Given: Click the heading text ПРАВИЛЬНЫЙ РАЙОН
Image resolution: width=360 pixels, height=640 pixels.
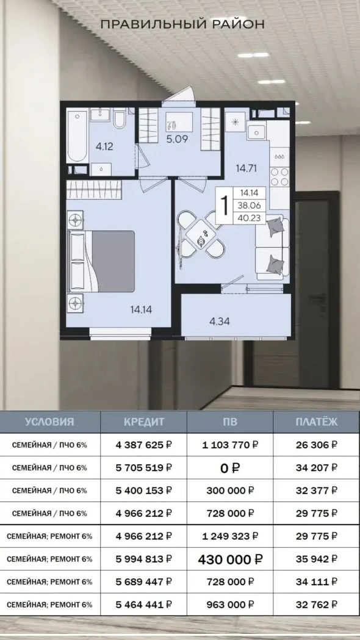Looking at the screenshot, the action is pyautogui.click(x=182, y=24).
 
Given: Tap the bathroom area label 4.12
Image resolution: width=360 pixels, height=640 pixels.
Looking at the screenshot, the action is pyautogui.click(x=104, y=146).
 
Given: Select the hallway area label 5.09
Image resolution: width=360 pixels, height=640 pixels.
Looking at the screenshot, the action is pyautogui.click(x=177, y=140).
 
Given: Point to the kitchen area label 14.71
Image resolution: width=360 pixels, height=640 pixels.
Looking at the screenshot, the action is pyautogui.click(x=246, y=168).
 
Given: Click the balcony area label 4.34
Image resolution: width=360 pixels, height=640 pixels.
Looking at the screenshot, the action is pyautogui.click(x=219, y=322).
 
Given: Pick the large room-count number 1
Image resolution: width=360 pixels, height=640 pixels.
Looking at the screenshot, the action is pyautogui.click(x=224, y=205).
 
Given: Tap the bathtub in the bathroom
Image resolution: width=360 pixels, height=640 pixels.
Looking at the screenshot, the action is pyautogui.click(x=77, y=135).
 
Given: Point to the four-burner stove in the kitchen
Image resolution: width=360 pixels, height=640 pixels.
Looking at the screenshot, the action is pyautogui.click(x=279, y=177).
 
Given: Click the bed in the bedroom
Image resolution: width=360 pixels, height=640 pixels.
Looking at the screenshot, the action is pyautogui.click(x=102, y=261).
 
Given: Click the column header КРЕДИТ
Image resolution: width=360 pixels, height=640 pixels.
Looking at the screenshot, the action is pyautogui.click(x=144, y=422).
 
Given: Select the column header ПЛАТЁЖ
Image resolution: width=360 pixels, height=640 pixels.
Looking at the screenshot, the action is pyautogui.click(x=317, y=422).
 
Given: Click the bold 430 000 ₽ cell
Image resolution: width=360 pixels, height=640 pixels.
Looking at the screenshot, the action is pyautogui.click(x=230, y=559).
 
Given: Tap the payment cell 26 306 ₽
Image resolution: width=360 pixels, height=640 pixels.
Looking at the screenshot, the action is pyautogui.click(x=317, y=445).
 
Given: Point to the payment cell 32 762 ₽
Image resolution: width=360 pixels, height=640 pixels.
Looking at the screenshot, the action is pyautogui.click(x=317, y=604).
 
